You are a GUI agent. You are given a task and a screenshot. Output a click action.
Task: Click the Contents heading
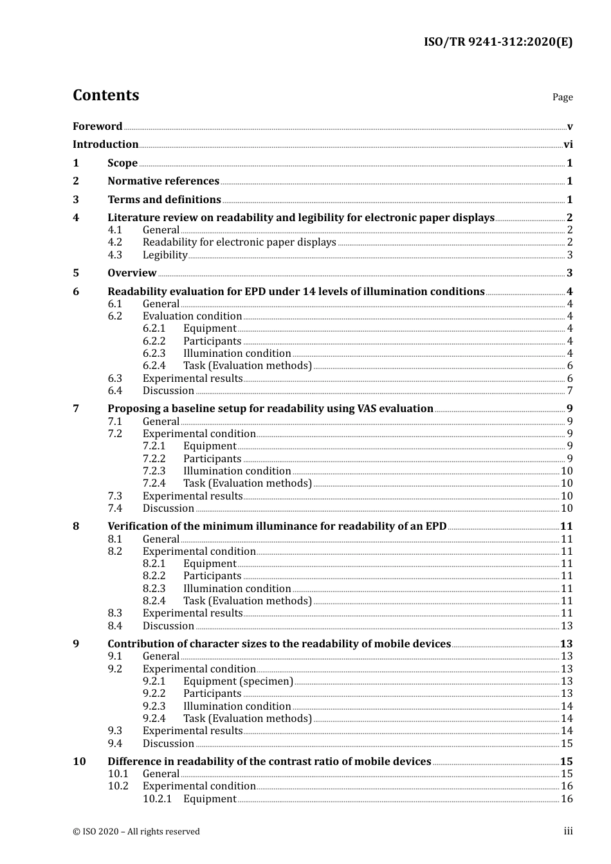point(105,95)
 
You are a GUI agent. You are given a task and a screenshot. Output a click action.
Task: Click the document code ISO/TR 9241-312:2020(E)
point(498,42)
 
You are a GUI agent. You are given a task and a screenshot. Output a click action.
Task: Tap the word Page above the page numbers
point(562,97)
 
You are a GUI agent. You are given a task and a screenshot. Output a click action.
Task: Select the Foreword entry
point(97,127)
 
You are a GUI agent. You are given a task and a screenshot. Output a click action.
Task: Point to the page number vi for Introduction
point(568,145)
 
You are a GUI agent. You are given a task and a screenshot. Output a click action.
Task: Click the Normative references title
point(163,181)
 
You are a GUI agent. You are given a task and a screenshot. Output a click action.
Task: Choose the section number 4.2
point(115,242)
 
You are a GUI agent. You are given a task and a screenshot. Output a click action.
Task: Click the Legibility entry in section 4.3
point(165,255)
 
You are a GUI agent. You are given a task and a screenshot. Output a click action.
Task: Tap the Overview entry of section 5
point(132,273)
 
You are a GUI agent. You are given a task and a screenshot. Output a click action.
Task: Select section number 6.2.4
point(154,366)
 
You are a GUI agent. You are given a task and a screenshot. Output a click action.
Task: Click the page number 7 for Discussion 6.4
point(570,391)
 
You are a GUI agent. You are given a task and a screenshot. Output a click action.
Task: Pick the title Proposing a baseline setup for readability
point(270,409)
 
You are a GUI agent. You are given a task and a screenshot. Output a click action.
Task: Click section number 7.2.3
point(154,471)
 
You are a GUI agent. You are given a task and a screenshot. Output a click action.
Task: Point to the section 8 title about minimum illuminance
point(277,526)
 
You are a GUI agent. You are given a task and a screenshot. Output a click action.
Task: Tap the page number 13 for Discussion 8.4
point(567,626)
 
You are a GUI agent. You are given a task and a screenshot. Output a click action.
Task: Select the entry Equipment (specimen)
point(238,681)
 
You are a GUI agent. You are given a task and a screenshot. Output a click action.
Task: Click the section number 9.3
point(115,731)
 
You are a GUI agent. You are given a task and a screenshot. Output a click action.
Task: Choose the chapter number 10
point(79,762)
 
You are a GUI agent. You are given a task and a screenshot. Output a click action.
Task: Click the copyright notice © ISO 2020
point(136,832)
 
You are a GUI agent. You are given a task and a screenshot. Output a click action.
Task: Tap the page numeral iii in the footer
point(568,832)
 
